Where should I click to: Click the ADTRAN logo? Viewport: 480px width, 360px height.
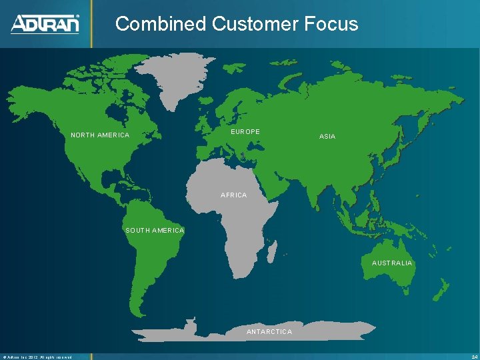coord(45,24)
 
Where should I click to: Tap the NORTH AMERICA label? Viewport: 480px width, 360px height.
coord(100,135)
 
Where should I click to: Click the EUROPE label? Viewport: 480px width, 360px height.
coord(245,132)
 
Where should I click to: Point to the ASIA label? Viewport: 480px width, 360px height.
coord(327,136)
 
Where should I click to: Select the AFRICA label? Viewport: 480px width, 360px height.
coord(233,195)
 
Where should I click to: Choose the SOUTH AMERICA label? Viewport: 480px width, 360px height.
coord(155,230)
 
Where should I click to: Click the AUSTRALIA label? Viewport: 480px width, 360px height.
coord(392,263)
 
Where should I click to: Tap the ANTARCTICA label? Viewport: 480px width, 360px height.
coord(269,331)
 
